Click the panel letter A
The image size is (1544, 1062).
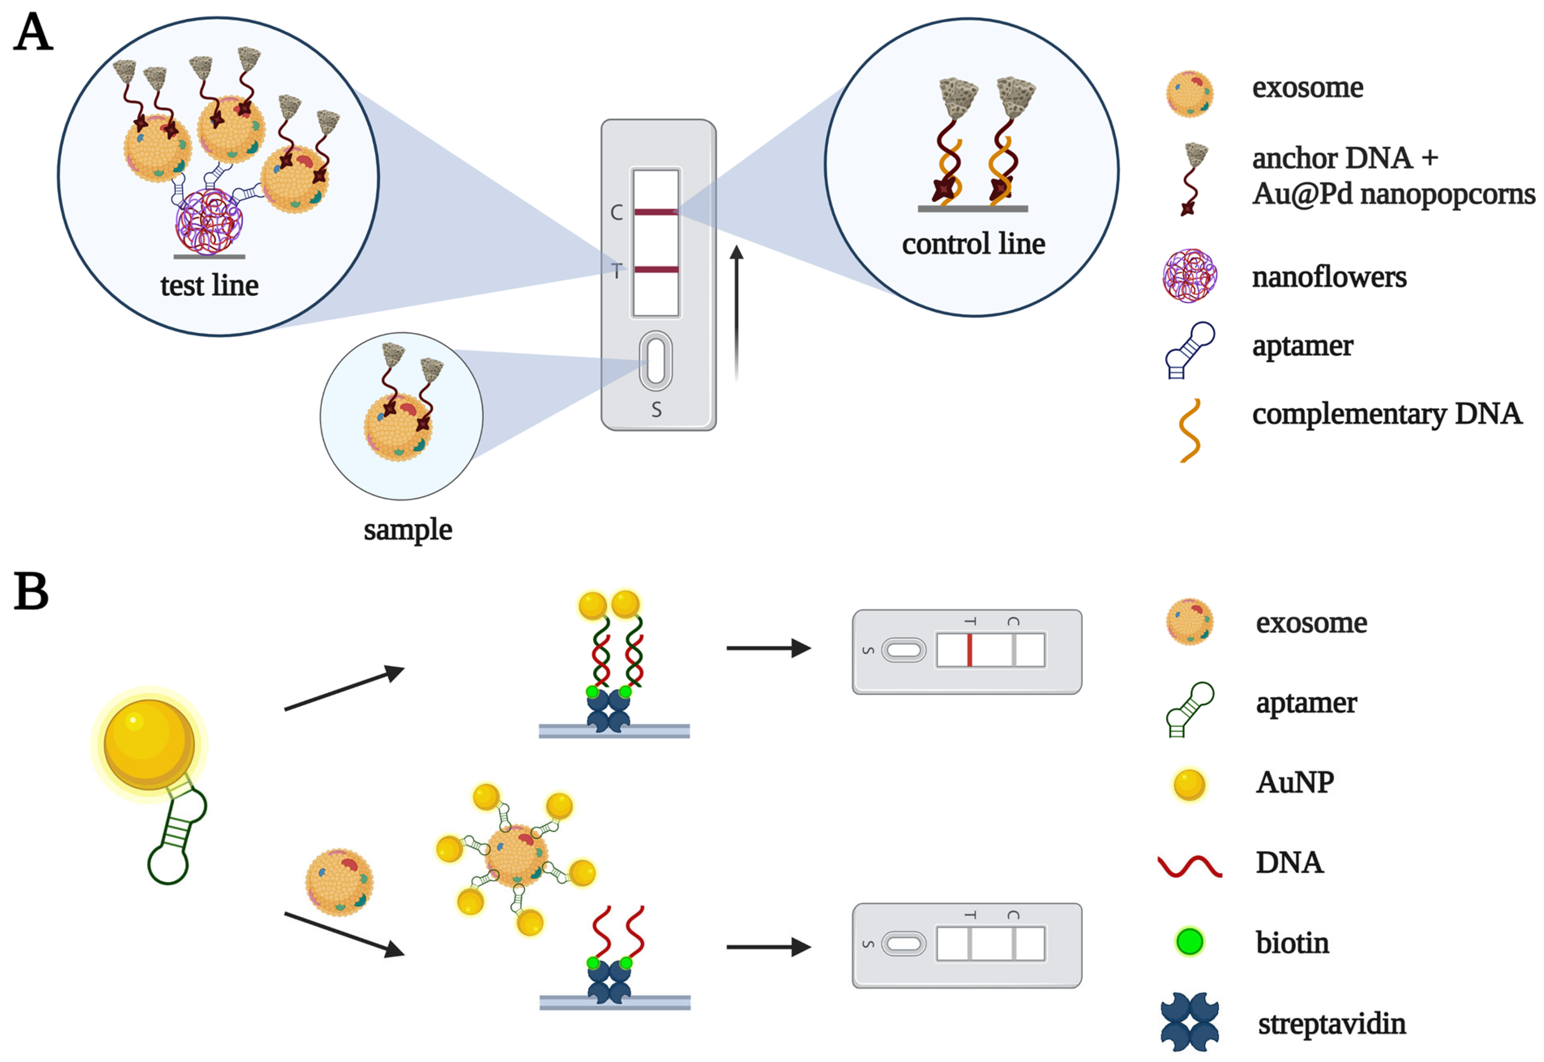click(x=33, y=33)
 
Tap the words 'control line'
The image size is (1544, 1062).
click(x=973, y=244)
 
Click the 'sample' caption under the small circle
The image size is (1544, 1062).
click(x=407, y=529)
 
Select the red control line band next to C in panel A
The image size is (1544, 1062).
click(x=656, y=212)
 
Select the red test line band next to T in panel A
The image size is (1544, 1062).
click(x=656, y=269)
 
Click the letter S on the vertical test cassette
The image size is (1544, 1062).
click(x=656, y=410)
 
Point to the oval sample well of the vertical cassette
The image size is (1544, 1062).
click(x=656, y=361)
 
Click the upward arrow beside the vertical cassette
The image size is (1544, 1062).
click(x=736, y=313)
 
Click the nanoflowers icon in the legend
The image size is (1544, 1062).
click(x=1189, y=276)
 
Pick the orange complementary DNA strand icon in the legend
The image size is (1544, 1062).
click(x=1189, y=430)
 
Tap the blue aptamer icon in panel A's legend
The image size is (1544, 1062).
click(x=1189, y=350)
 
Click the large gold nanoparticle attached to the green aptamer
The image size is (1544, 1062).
click(x=149, y=744)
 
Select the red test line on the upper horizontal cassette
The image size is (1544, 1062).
click(x=969, y=650)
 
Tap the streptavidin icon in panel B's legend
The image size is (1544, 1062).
click(x=1189, y=1022)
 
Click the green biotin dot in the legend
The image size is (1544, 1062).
click(x=1189, y=941)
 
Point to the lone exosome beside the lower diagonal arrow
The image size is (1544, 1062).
click(x=339, y=883)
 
